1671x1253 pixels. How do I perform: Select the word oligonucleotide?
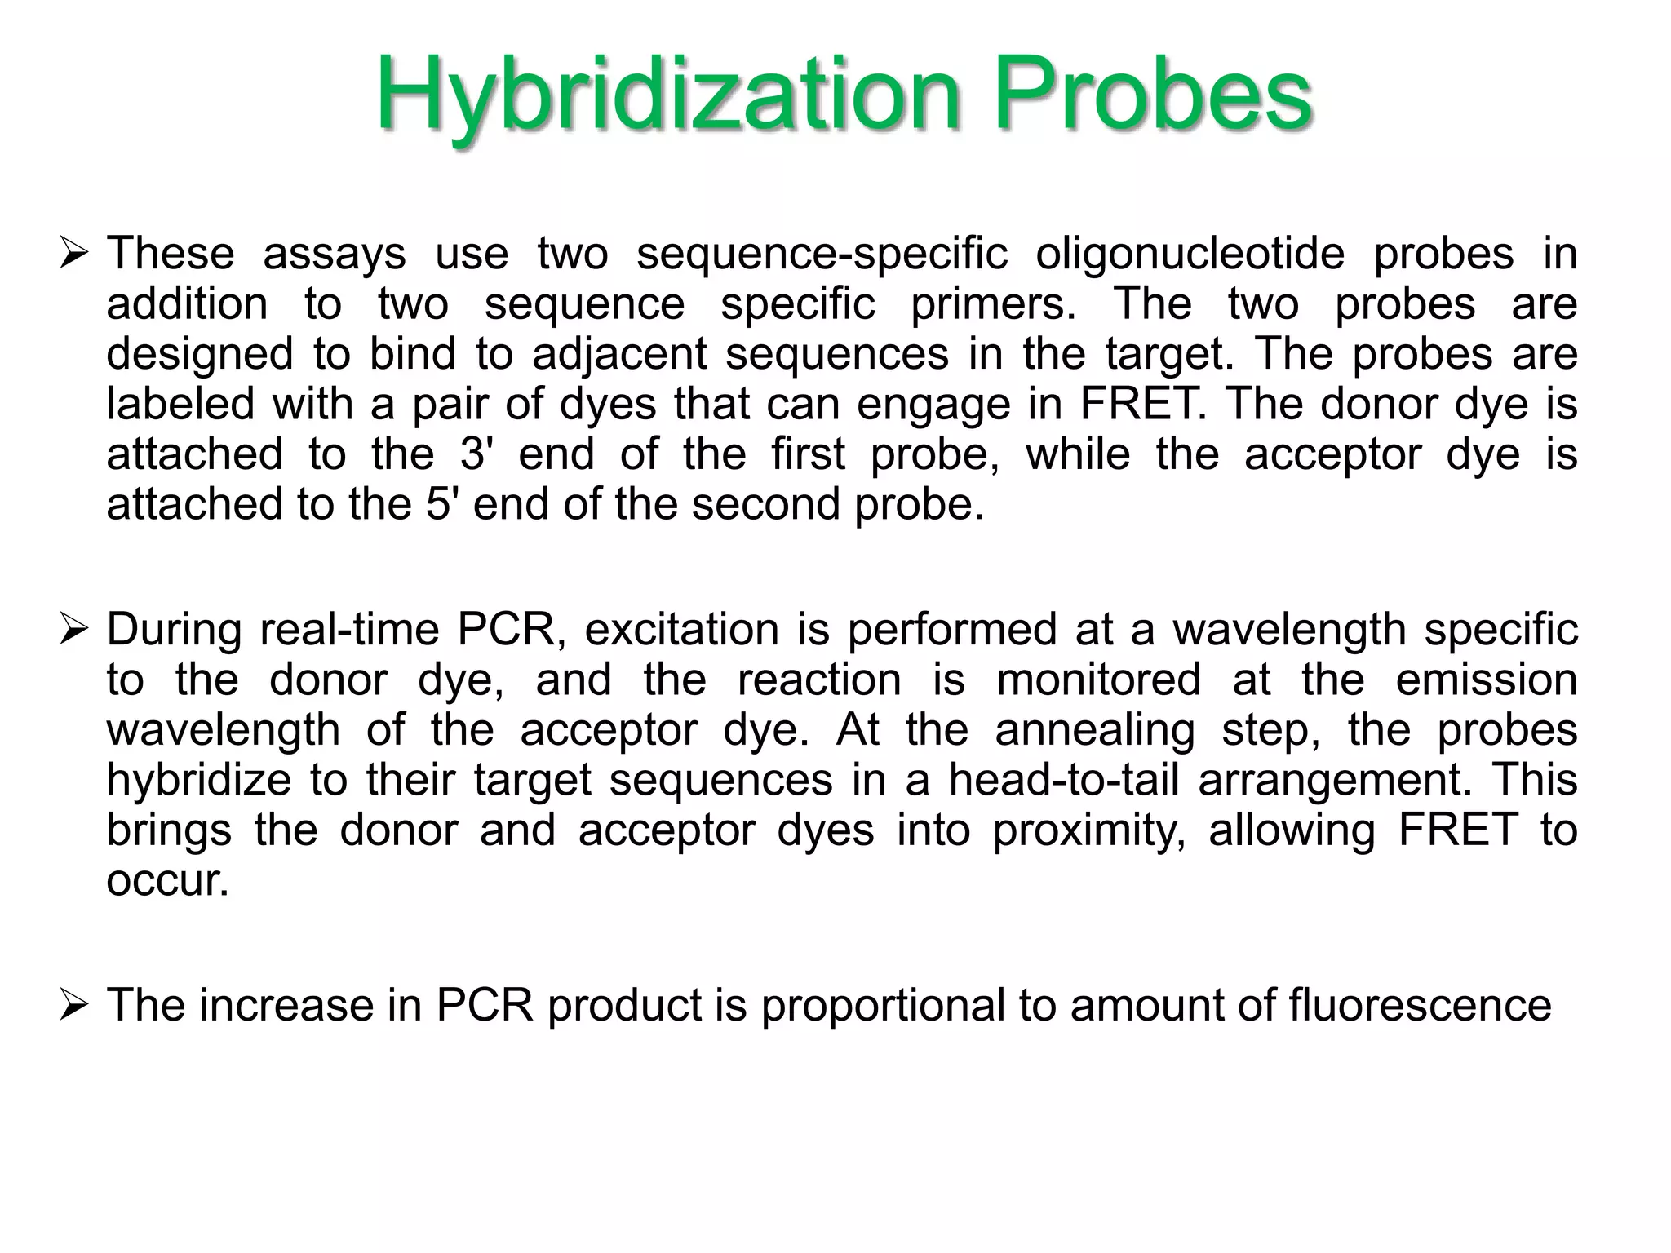pyautogui.click(x=1190, y=254)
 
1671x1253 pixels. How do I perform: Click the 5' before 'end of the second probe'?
pyautogui.click(x=441, y=504)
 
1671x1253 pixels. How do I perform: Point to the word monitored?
pyautogui.click(x=1098, y=680)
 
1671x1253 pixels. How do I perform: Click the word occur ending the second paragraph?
pyautogui.click(x=167, y=881)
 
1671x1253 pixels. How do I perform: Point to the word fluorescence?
pyautogui.click(x=1420, y=1005)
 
